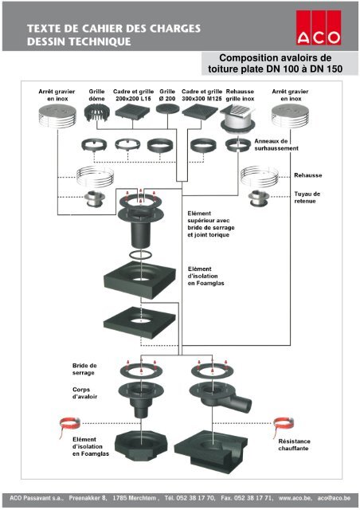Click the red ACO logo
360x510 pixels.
(x=318, y=27)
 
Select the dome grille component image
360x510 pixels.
(x=96, y=113)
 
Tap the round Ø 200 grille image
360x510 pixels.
(x=167, y=108)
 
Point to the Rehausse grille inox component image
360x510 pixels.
(x=237, y=119)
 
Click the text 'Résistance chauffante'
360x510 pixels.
(x=294, y=445)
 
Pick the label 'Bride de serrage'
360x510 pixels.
(x=84, y=369)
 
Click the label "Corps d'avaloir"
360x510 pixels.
(x=84, y=393)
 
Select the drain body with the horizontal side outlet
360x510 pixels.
(x=221, y=394)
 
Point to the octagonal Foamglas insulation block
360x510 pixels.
(x=141, y=445)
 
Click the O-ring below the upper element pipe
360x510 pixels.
(x=140, y=255)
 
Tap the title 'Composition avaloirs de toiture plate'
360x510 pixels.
(x=275, y=64)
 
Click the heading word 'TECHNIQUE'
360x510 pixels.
(x=100, y=41)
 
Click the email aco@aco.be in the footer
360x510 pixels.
(x=334, y=498)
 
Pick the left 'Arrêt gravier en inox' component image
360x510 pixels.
(x=57, y=116)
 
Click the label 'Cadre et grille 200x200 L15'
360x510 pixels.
(x=133, y=95)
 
